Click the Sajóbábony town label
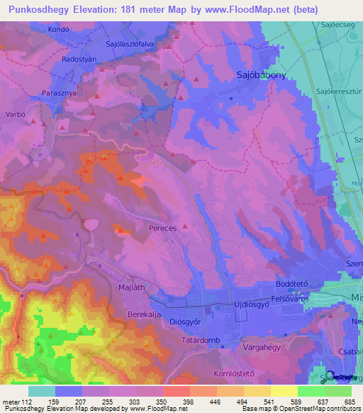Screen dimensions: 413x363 (260, 75)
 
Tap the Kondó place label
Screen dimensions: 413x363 (59, 30)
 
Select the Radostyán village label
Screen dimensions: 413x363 (79, 60)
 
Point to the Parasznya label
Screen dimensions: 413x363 (60, 92)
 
